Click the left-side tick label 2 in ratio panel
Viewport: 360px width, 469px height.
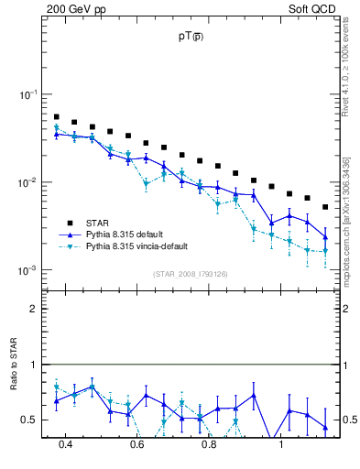[33, 309]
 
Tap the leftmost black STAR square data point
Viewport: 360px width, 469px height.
[57, 117]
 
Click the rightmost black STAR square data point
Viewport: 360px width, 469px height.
[325, 207]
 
